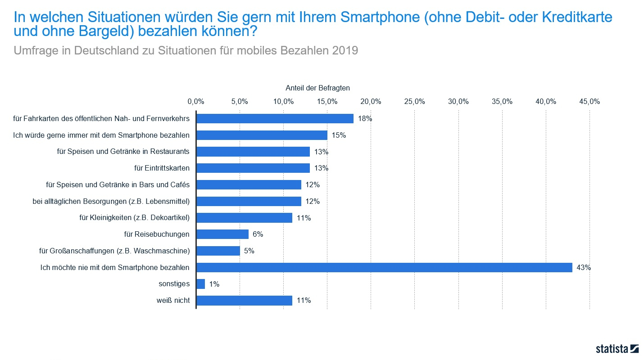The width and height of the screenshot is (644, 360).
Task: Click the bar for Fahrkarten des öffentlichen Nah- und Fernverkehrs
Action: tap(275, 118)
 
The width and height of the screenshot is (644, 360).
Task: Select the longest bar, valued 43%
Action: tap(384, 267)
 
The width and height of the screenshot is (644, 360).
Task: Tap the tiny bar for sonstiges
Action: tap(201, 284)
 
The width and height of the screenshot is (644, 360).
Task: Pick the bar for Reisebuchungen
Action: tap(222, 234)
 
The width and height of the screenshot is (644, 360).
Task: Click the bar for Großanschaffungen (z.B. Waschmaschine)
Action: tap(218, 251)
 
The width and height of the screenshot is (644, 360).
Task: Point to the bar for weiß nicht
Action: tap(244, 300)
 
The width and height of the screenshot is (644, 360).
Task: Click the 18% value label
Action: tap(365, 119)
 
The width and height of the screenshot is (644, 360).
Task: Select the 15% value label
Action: tap(339, 135)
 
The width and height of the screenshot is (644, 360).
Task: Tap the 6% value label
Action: tap(258, 234)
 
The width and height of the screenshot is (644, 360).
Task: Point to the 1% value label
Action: tap(214, 284)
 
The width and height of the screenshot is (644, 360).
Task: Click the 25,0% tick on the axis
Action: tap(414, 102)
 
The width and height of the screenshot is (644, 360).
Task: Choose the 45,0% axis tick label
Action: tap(589, 102)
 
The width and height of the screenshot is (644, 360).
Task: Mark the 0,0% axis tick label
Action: tap(196, 102)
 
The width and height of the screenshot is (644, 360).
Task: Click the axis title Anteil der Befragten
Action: tap(317, 88)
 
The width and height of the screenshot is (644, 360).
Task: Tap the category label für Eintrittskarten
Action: tap(162, 168)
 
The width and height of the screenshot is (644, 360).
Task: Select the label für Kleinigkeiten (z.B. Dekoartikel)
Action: tap(134, 218)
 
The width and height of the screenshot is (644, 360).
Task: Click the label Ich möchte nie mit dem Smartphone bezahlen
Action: tap(115, 267)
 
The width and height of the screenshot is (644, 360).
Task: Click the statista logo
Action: tap(617, 348)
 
